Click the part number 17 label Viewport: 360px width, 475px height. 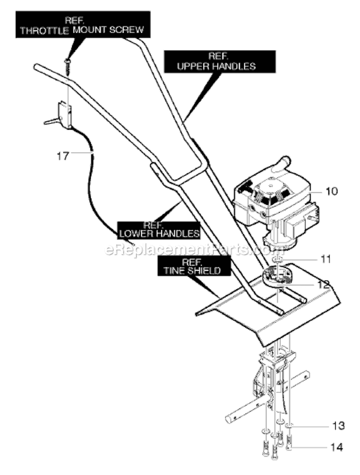coord(63,156)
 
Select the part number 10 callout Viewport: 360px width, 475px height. coord(332,191)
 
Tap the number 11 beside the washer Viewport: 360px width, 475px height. coord(326,259)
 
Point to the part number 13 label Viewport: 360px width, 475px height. coord(338,426)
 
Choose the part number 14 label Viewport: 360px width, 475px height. coord(336,447)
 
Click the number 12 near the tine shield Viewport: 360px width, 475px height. coord(323,284)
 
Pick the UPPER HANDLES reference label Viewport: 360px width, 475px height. coord(220,61)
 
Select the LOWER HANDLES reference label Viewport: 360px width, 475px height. coord(159,230)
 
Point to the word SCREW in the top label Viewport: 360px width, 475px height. coord(127,30)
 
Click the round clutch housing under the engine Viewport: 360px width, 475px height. coord(278,276)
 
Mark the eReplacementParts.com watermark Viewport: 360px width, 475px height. coord(194,249)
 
